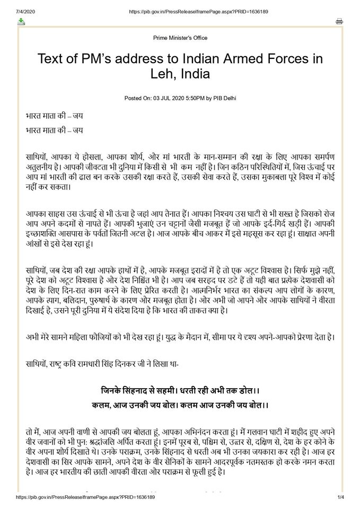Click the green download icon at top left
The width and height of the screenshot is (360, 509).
pyautogui.click(x=21, y=21)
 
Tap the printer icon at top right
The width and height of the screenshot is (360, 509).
pyautogui.click(x=339, y=21)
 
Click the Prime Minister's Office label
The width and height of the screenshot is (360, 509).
pyautogui.click(x=180, y=38)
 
